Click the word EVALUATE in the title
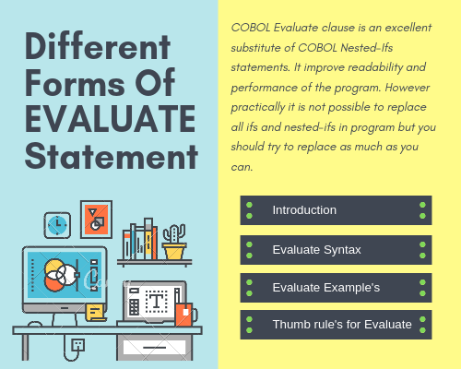[x=110, y=120]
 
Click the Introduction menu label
[x=304, y=210]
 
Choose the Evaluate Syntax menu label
[x=316, y=249]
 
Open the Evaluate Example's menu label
[x=325, y=288]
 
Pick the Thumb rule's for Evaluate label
[x=342, y=325]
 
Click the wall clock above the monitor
[x=57, y=224]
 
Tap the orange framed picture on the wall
[x=96, y=219]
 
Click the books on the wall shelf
[x=140, y=242]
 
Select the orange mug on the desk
[x=183, y=313]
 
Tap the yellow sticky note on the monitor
[x=94, y=312]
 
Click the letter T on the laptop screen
[x=157, y=300]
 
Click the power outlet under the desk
[x=78, y=346]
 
